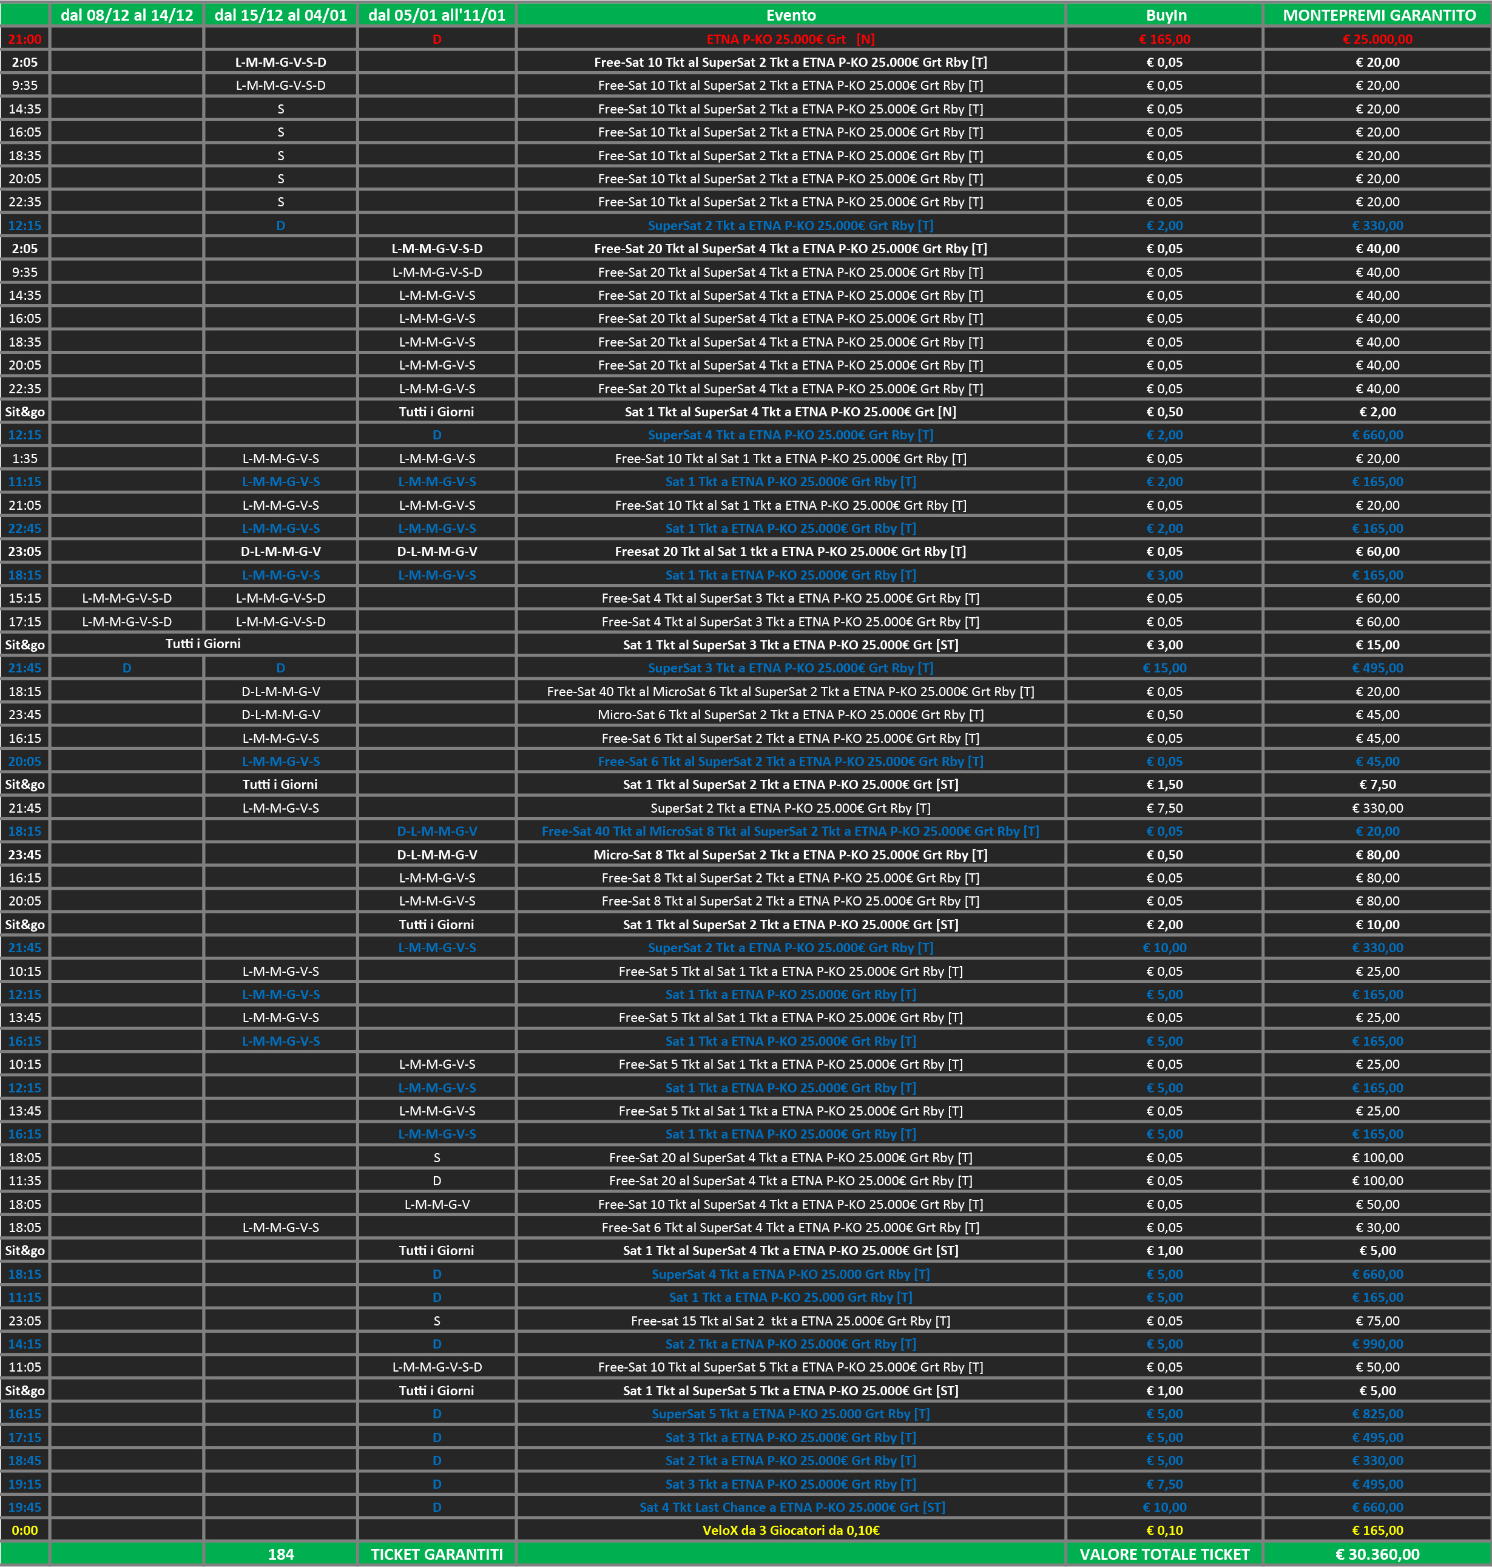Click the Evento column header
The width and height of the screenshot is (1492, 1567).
pyautogui.click(x=791, y=15)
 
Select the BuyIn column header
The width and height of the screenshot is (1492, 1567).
pyautogui.click(x=1165, y=15)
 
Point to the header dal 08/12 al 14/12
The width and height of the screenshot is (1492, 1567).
pyautogui.click(x=127, y=15)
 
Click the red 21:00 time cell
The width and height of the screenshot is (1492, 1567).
pyautogui.click(x=25, y=39)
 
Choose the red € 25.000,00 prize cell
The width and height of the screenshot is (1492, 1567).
pyautogui.click(x=1377, y=39)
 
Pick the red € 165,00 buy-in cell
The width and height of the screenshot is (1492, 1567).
pyautogui.click(x=1164, y=39)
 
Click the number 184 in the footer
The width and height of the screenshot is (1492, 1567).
pyautogui.click(x=281, y=1554)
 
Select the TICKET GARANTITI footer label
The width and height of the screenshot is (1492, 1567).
pyautogui.click(x=437, y=1554)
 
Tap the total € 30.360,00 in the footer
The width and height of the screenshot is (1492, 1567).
pyautogui.click(x=1377, y=1554)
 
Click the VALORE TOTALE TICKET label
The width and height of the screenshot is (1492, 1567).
pyautogui.click(x=1164, y=1554)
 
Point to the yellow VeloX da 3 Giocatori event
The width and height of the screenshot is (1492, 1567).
pyautogui.click(x=791, y=1531)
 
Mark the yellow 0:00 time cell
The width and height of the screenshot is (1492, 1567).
pyautogui.click(x=25, y=1531)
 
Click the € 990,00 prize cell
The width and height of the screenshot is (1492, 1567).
pyautogui.click(x=1377, y=1344)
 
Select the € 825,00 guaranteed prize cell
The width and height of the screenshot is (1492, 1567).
pyautogui.click(x=1377, y=1414)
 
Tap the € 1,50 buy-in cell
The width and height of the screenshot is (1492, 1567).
pyautogui.click(x=1164, y=784)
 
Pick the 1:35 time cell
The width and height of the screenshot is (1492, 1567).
pyautogui.click(x=25, y=458)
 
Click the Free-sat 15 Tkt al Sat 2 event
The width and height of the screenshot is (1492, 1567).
pyautogui.click(x=791, y=1321)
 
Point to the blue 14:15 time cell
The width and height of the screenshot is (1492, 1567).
pyautogui.click(x=25, y=1344)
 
